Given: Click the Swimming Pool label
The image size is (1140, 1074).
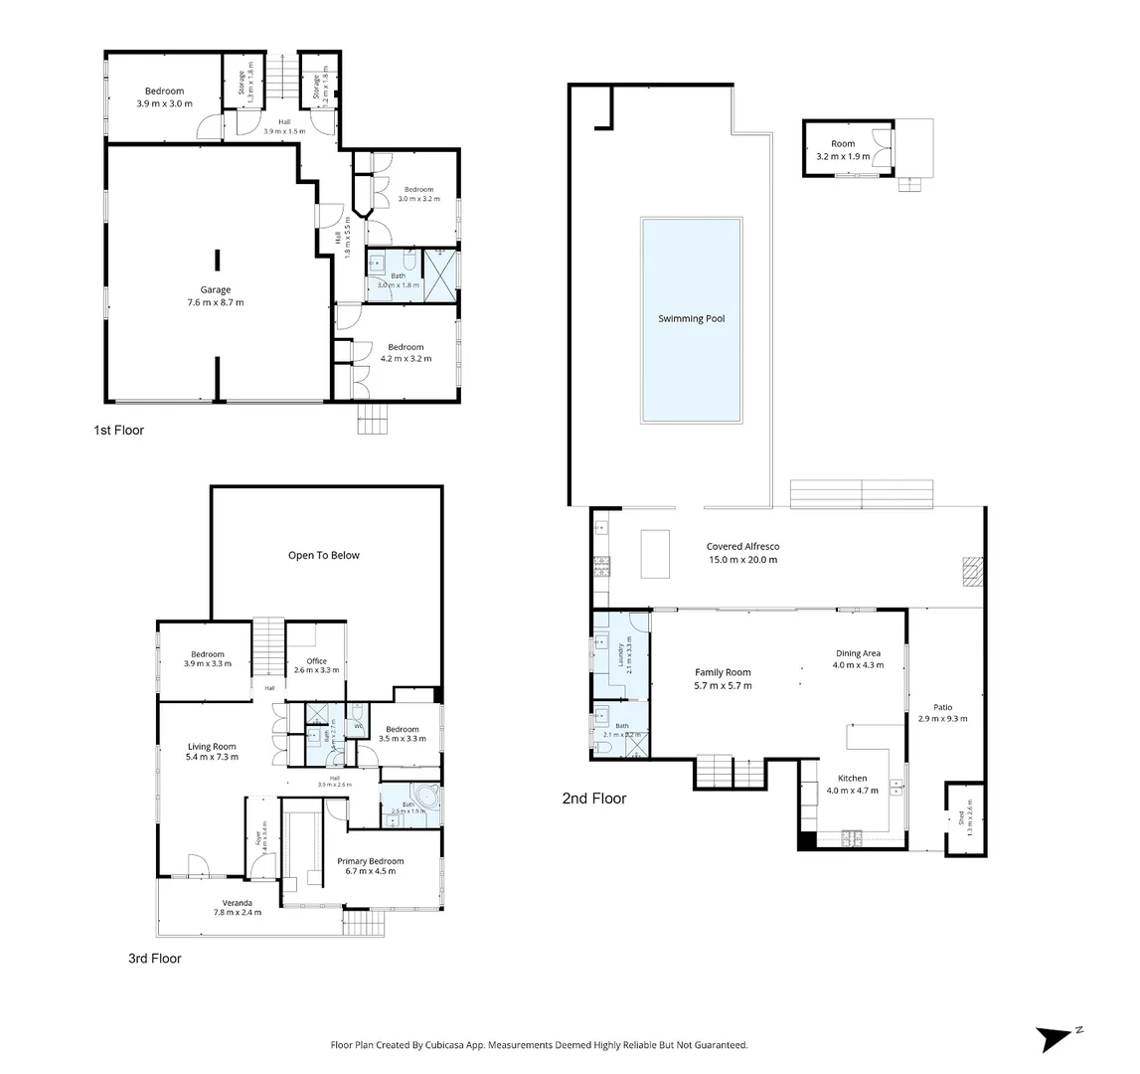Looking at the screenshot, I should click(x=691, y=319).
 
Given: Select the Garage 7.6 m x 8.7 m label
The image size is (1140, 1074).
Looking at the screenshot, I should click(x=216, y=296).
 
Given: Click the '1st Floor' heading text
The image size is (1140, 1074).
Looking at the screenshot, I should click(x=118, y=431).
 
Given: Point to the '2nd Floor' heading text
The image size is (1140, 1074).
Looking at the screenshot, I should click(x=594, y=798).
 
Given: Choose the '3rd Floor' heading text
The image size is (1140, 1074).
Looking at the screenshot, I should click(x=154, y=959).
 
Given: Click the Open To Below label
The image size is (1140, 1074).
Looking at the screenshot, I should click(x=324, y=555).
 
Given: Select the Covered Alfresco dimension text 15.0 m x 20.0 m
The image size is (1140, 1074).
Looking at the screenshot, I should click(x=742, y=560).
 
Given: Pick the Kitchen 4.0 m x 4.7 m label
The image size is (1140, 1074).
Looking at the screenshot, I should click(x=853, y=784).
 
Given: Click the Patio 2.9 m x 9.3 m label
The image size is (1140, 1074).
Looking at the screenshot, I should click(x=942, y=712).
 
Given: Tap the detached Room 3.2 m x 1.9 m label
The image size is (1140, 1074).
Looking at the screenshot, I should click(x=843, y=150).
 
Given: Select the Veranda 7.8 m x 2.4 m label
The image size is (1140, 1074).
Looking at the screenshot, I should click(x=237, y=907).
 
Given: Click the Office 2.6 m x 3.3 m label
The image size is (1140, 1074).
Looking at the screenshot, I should click(x=316, y=665).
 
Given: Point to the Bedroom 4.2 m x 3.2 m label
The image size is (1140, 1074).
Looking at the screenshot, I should click(x=406, y=353).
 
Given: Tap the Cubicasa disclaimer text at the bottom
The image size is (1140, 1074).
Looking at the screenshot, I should click(x=539, y=1045).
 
